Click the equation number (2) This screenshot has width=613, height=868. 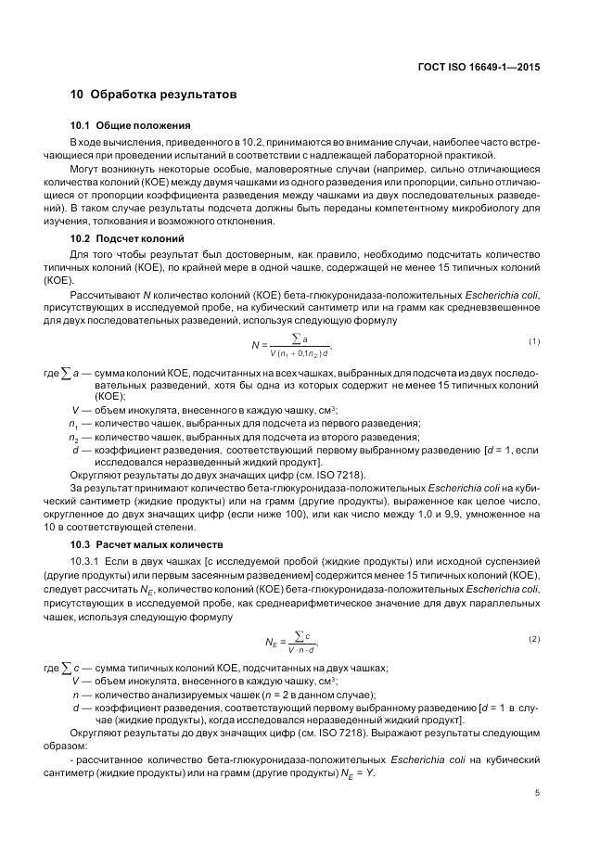point(534,639)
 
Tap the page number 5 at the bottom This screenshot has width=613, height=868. point(537,793)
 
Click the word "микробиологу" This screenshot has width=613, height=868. point(483,209)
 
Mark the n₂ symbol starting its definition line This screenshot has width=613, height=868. point(74,437)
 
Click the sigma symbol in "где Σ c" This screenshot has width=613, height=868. point(65,668)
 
